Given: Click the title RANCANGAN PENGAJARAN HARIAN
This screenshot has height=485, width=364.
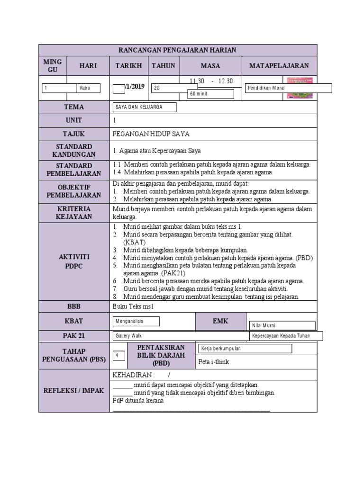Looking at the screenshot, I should point(178,50).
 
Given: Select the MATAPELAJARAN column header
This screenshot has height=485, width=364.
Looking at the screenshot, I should point(279,66).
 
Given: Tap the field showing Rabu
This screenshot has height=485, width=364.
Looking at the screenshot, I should point(89,88).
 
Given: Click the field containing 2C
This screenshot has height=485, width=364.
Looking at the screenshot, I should point(174,88).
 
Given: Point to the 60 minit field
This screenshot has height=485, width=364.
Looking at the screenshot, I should point(211,94).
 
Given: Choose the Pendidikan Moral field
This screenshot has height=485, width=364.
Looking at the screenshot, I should point(288,88).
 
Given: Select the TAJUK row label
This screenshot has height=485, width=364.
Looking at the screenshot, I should point(74,134).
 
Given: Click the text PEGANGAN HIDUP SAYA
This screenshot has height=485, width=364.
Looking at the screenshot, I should point(151,134).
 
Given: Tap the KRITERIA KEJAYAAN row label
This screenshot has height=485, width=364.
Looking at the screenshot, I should point(74,213).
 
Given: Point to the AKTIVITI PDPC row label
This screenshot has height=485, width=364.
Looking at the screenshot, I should point(74,261).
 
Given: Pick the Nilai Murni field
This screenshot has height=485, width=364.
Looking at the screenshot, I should point(282,325).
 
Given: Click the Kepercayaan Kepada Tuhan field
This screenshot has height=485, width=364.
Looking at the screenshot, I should point(286,336).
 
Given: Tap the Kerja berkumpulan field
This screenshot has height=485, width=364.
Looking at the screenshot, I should point(245,349).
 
